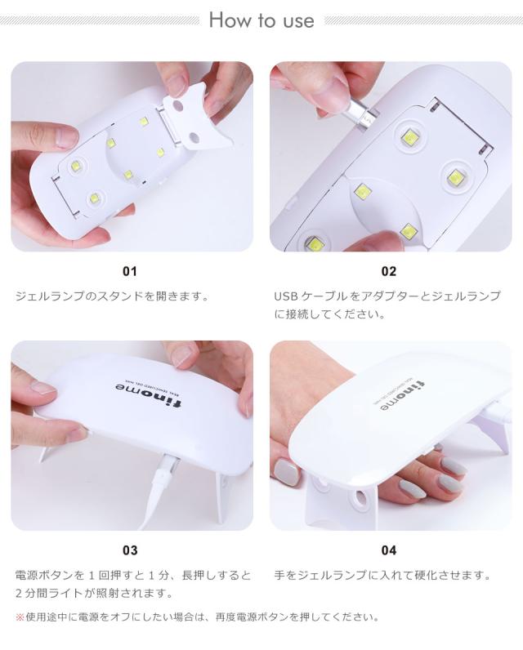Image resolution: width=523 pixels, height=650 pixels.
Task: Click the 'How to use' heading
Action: click(261, 20)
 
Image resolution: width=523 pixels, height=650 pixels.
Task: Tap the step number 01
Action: click(130, 271)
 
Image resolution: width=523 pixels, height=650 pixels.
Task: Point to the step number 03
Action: click(130, 550)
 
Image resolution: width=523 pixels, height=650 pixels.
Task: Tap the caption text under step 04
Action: click(382, 575)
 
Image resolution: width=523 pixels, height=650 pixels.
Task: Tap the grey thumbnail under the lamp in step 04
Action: click(287, 471)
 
